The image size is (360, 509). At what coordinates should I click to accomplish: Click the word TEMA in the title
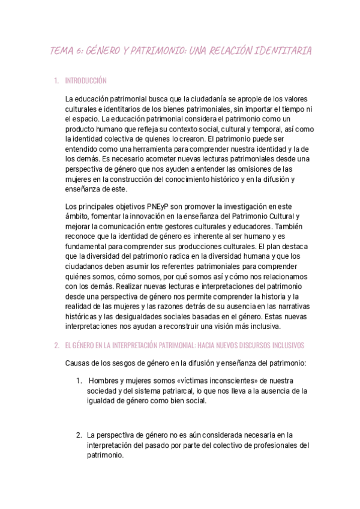click(x=61, y=52)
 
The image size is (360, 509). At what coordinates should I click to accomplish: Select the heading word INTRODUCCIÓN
click(x=85, y=80)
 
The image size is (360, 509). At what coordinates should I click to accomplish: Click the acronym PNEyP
click(x=161, y=207)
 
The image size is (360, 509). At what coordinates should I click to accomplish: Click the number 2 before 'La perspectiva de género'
click(x=78, y=435)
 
